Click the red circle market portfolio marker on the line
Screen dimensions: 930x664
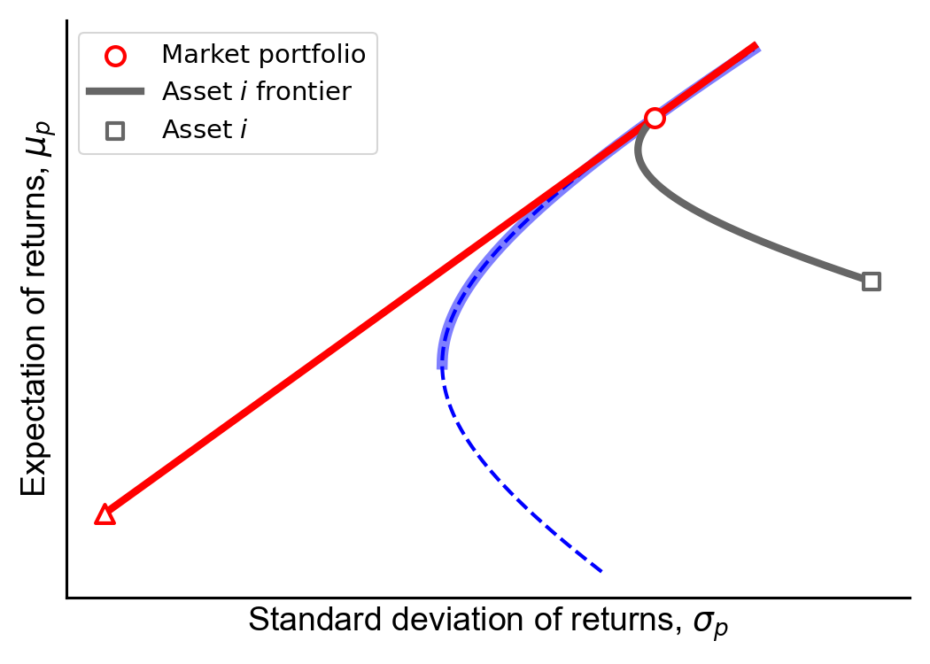click(655, 119)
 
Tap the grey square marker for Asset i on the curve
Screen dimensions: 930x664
click(871, 282)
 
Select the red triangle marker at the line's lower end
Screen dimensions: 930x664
click(105, 515)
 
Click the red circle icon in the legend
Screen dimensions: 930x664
click(115, 57)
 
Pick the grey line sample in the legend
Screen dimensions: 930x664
click(115, 91)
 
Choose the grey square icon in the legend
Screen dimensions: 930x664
click(115, 131)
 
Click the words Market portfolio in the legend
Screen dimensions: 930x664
click(263, 55)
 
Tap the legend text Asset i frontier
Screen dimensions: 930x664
click(256, 92)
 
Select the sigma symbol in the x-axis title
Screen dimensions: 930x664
click(710, 623)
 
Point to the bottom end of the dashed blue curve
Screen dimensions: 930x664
click(601, 572)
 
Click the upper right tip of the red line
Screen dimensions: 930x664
click(756, 46)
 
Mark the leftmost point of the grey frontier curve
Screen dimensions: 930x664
click(638, 151)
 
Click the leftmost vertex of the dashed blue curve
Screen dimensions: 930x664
click(443, 367)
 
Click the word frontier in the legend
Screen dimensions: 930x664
click(304, 92)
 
